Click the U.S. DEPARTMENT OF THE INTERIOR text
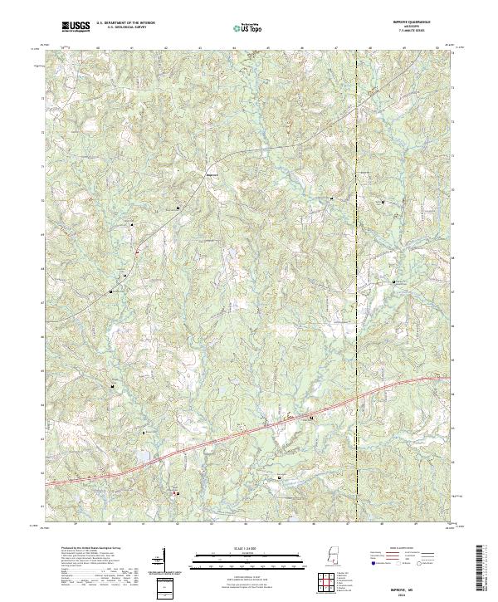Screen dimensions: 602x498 (x=125, y=23)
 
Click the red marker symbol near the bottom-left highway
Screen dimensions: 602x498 (x=175, y=493)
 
